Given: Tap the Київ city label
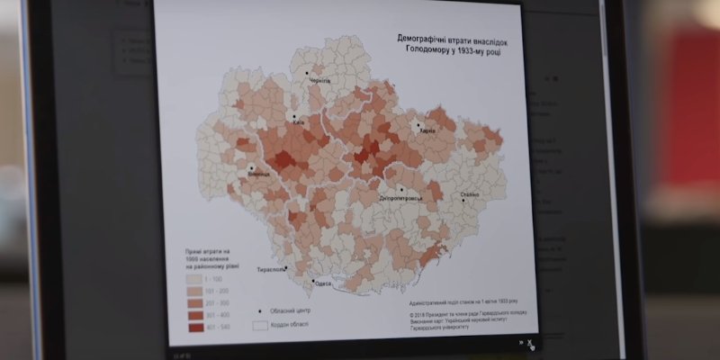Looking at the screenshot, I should [x=298, y=123].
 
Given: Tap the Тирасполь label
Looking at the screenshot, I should [x=273, y=269].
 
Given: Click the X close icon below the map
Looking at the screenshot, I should [x=531, y=343].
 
